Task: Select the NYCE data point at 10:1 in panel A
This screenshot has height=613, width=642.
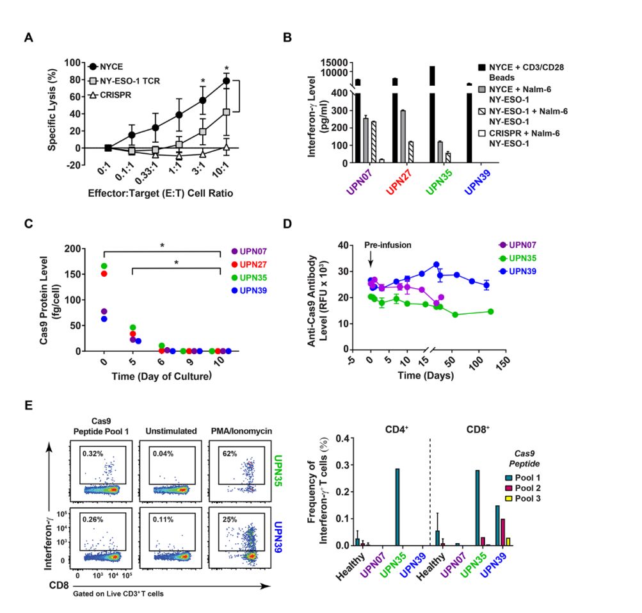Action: (226, 81)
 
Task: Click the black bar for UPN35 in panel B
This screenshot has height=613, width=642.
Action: (432, 115)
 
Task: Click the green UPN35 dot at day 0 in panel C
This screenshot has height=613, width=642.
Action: (104, 266)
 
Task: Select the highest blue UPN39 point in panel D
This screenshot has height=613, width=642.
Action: (436, 265)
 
